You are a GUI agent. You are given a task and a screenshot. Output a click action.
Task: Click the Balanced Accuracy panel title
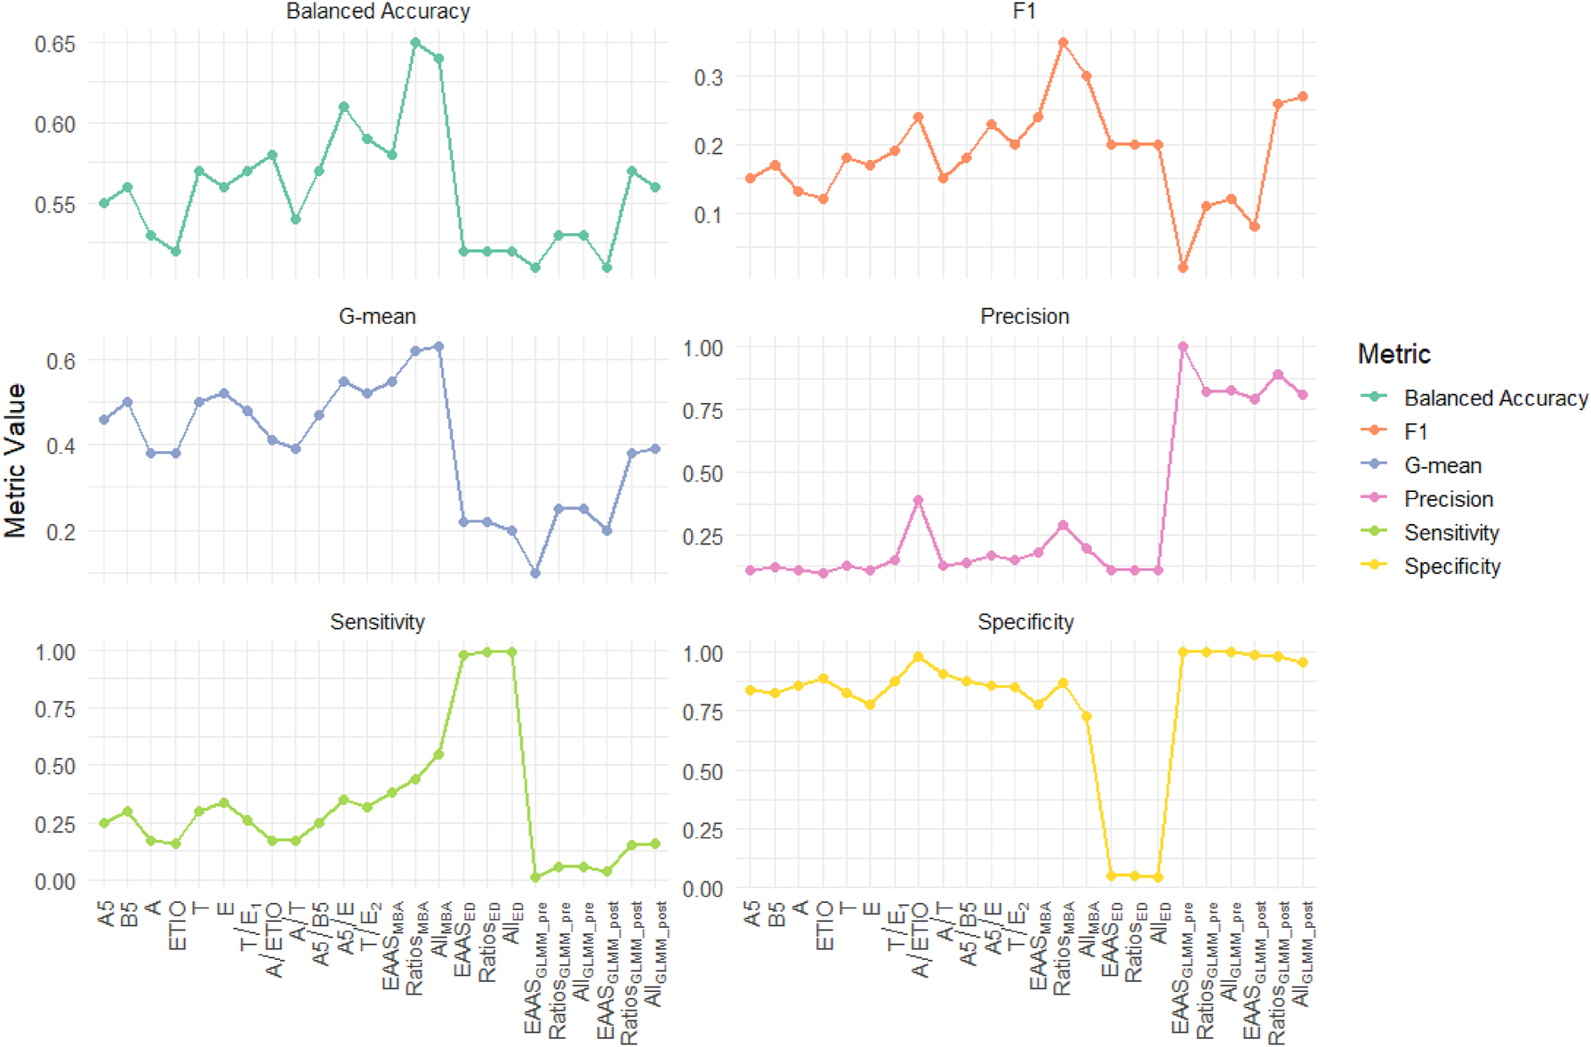click(378, 12)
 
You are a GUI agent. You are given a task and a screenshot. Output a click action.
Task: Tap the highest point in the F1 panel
click(1063, 43)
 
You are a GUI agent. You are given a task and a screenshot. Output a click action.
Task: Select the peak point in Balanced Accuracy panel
click(415, 43)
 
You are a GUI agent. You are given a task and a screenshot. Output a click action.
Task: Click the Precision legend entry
click(1448, 499)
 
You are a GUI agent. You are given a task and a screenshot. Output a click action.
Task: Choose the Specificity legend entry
click(1451, 567)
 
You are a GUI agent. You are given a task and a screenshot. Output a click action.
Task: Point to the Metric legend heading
click(1394, 354)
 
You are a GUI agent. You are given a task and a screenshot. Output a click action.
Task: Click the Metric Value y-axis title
click(15, 460)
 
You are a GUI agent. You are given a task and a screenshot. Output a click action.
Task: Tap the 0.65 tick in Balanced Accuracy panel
click(55, 44)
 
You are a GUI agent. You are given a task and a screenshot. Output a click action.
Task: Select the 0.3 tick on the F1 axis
click(708, 77)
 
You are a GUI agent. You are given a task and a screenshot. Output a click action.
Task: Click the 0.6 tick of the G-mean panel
click(60, 361)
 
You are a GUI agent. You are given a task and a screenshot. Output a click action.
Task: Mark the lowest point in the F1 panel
click(1183, 268)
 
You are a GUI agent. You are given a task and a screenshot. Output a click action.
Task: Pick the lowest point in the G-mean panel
click(535, 573)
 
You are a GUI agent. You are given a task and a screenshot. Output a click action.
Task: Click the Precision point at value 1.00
click(1183, 347)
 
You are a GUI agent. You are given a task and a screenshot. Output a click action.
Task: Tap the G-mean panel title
click(377, 317)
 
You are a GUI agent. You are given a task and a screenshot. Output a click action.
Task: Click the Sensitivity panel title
click(377, 622)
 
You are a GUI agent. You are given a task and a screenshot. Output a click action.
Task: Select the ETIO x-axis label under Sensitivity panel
click(177, 925)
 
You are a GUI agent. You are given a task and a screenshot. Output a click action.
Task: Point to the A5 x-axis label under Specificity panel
click(752, 914)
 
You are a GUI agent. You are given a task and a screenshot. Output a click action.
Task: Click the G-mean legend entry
click(1442, 465)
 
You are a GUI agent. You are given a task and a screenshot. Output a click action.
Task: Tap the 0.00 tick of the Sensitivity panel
click(55, 882)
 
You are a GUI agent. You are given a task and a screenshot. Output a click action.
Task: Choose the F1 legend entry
click(1415, 431)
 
